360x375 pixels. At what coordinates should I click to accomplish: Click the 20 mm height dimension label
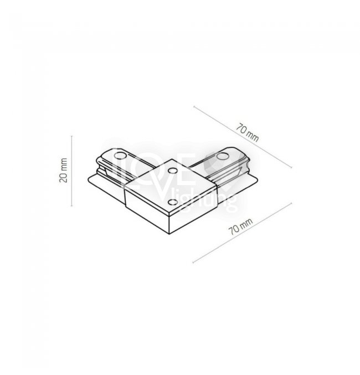(63, 170)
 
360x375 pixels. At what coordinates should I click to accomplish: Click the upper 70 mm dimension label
(248, 132)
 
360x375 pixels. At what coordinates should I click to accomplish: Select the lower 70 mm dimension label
(241, 226)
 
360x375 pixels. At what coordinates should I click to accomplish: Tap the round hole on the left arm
(121, 156)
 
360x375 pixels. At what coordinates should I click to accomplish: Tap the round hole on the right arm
(223, 157)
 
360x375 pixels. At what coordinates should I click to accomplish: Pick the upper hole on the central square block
(172, 171)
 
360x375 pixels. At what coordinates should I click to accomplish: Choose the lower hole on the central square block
(172, 202)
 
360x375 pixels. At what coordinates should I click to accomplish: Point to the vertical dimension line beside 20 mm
(72, 171)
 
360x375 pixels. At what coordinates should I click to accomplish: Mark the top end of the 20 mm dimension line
(72, 136)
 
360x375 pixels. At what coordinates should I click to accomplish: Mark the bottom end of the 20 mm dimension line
(72, 206)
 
